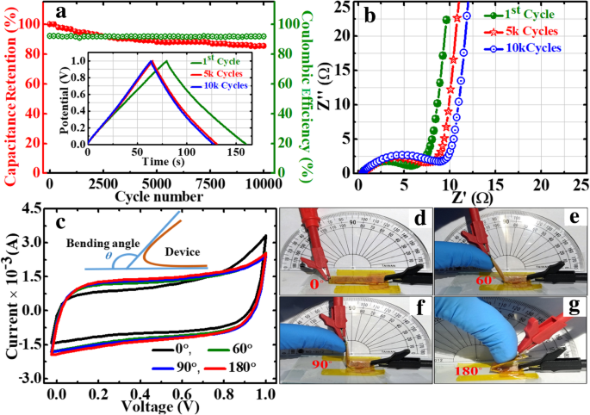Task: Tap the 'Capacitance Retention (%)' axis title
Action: point(13,91)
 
